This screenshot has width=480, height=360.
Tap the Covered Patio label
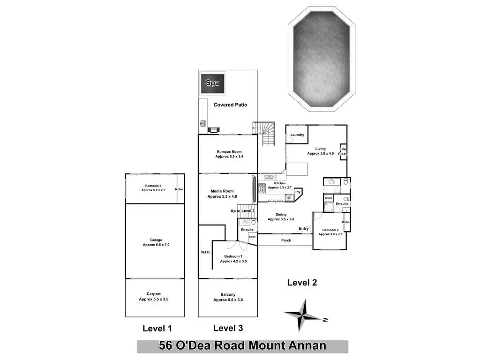230,105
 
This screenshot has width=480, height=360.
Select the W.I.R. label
206,252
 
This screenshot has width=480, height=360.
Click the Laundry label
297,135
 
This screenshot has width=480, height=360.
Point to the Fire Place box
343,151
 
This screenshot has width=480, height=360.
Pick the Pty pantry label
298,192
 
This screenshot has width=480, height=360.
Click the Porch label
286,240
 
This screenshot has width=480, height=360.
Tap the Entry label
304,229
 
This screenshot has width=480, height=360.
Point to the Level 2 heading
302,282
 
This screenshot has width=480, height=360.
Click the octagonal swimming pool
322,60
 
